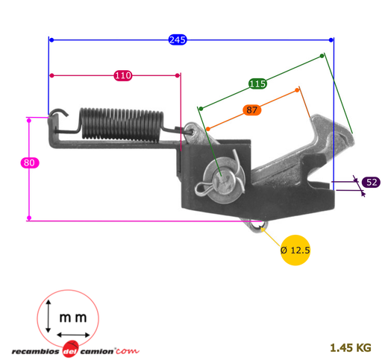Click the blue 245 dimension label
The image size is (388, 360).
178,40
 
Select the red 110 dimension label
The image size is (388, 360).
123,75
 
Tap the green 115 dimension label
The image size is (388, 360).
257,83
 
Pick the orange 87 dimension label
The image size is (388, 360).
251,110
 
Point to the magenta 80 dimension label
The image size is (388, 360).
30,162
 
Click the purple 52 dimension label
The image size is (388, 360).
371,183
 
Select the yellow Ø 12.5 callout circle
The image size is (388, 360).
295,250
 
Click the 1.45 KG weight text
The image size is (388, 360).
351,348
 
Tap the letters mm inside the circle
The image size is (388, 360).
73,318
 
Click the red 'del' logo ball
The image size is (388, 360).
70,349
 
